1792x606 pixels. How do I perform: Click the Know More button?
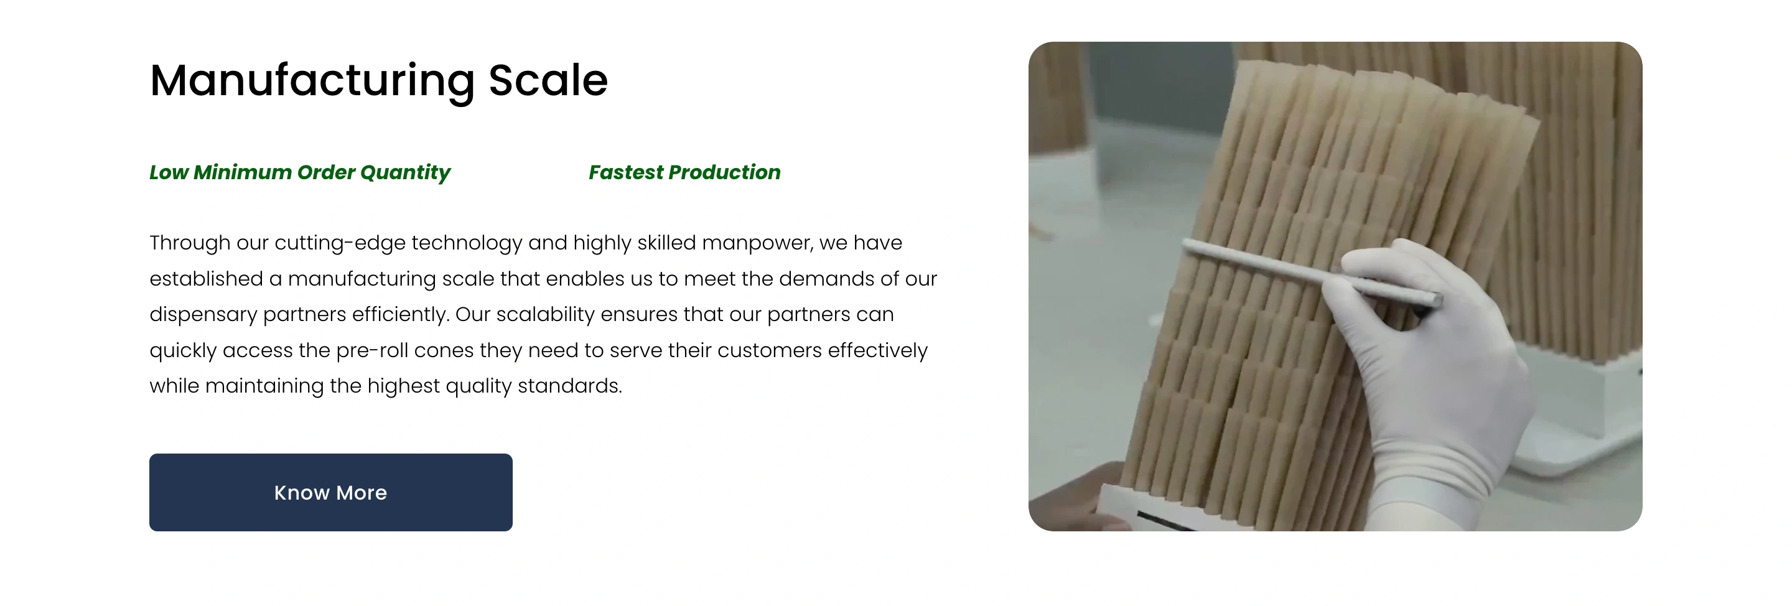[330, 493]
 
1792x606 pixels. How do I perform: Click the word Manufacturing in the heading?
[312, 81]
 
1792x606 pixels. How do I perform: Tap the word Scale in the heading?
[548, 80]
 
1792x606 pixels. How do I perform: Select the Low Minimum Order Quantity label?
[300, 172]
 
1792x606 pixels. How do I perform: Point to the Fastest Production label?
[684, 172]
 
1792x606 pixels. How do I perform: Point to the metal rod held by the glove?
[1311, 272]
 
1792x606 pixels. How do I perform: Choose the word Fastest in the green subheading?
[626, 172]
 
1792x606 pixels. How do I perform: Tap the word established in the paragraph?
[206, 278]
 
